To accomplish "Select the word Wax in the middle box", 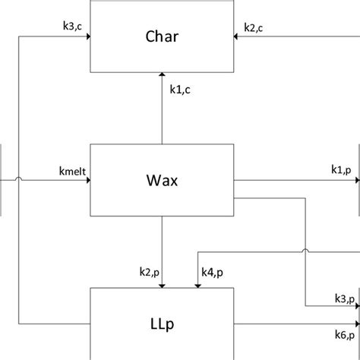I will click(x=163, y=181).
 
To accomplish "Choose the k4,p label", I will click(x=212, y=272).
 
